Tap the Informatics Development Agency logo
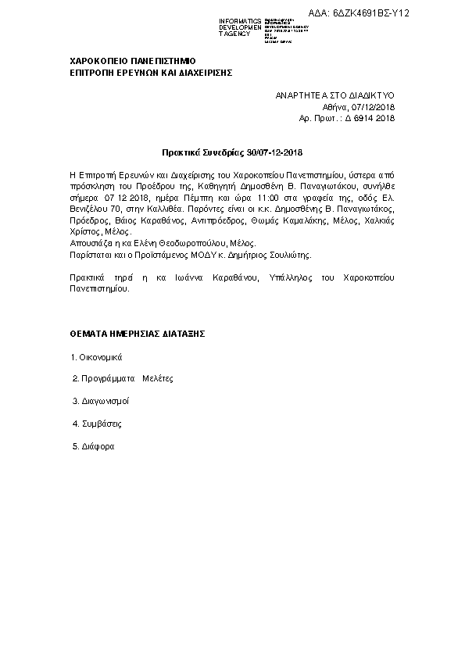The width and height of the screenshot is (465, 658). coord(264,27)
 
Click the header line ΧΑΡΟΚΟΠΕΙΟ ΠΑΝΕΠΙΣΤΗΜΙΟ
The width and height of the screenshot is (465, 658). coord(133,60)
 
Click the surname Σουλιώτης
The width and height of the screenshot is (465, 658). coord(288,255)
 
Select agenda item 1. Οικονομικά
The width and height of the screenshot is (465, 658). coord(97,356)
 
